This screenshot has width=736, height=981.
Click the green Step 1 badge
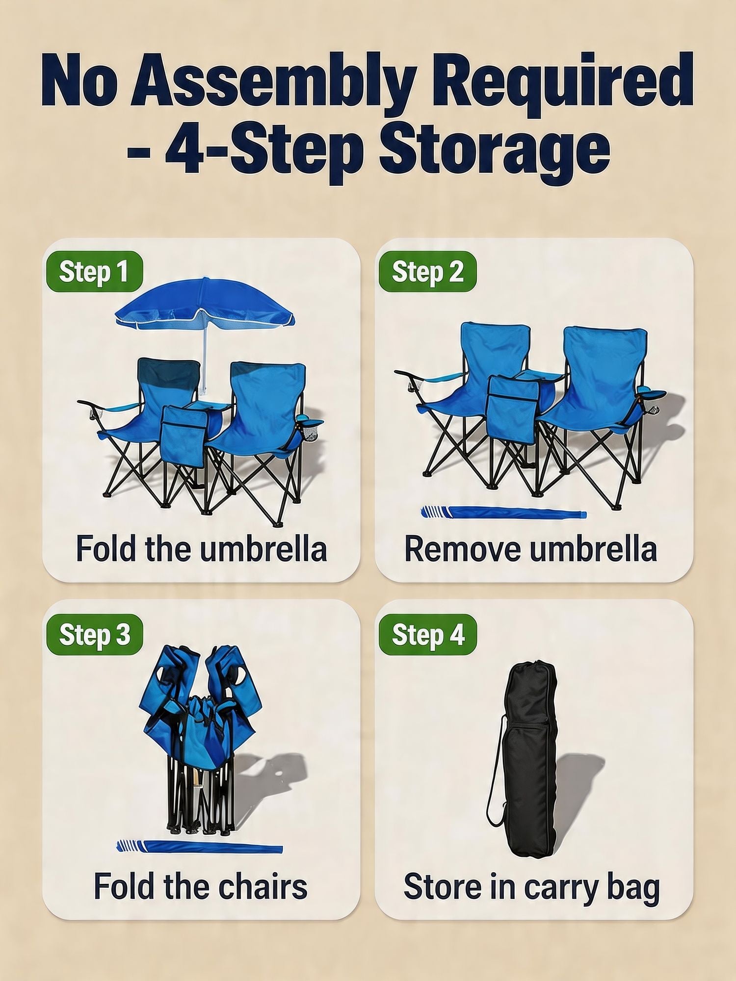[x=94, y=271]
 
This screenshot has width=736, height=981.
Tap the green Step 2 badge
[x=427, y=271]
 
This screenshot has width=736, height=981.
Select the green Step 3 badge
[x=94, y=634]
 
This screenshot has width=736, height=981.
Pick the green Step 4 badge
[x=427, y=634]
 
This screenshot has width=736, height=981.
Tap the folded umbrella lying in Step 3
[x=200, y=847]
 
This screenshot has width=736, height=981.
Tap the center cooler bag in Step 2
[x=512, y=409]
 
